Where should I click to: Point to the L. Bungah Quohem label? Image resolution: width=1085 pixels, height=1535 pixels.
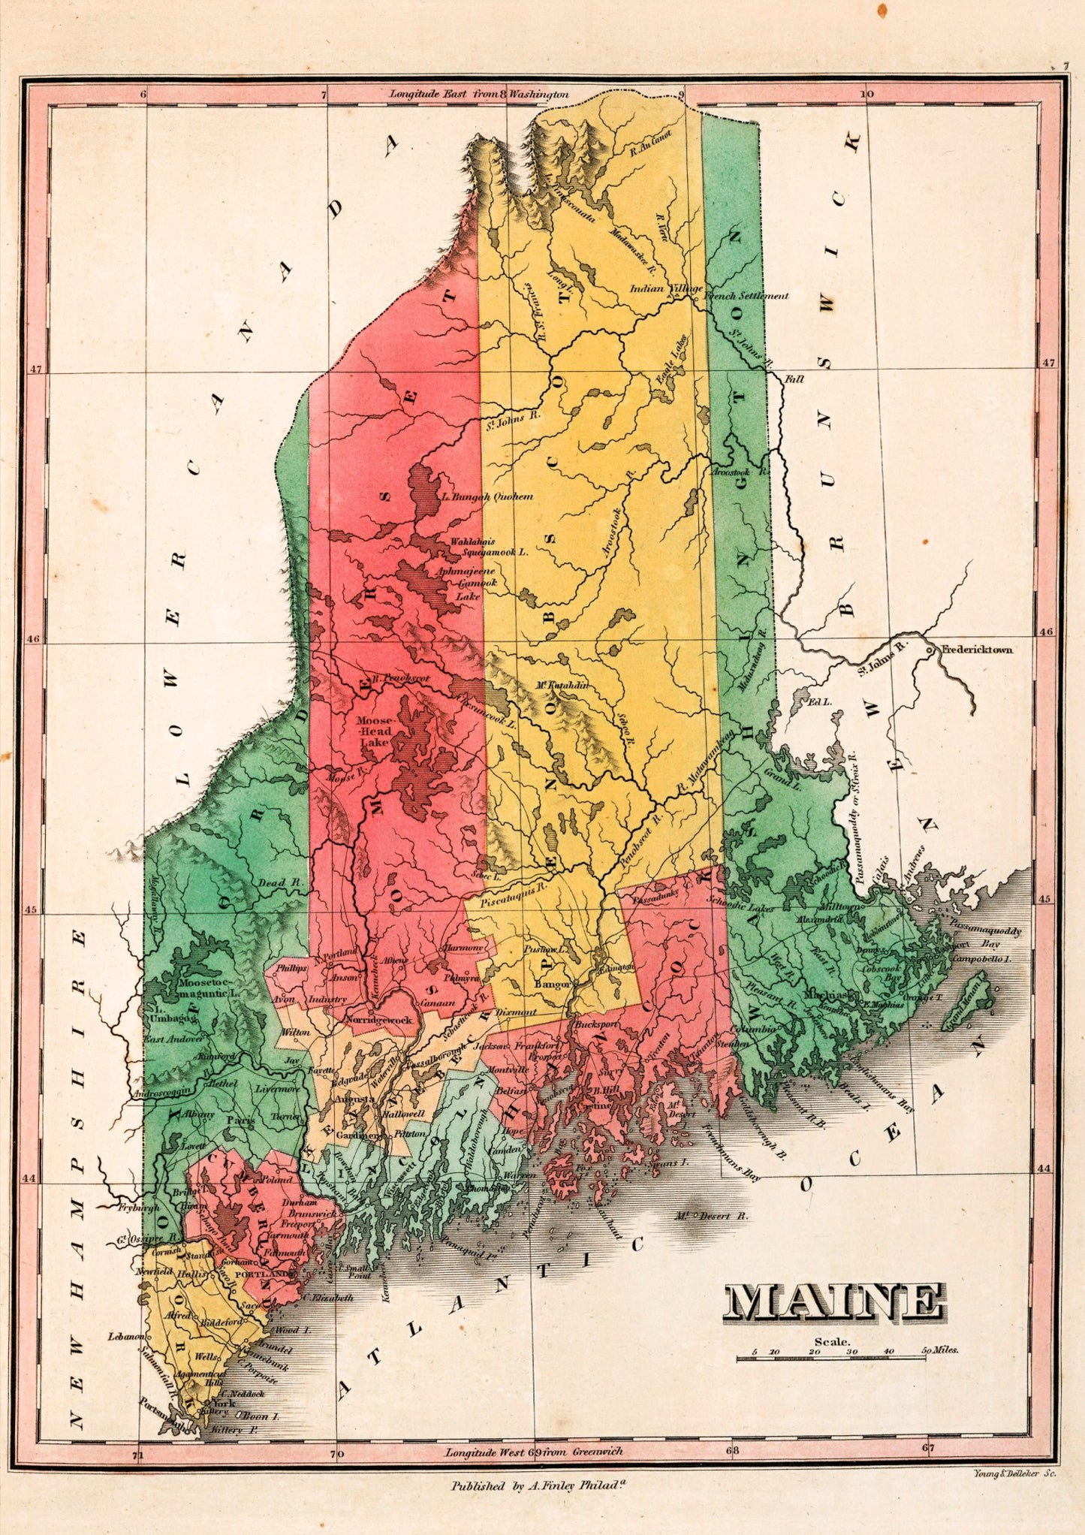tap(487, 496)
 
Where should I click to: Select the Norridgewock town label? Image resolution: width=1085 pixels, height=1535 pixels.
tap(378, 1021)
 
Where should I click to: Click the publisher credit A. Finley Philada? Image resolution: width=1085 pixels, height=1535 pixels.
tap(538, 1485)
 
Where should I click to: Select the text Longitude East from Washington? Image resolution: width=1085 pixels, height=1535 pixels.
tap(478, 95)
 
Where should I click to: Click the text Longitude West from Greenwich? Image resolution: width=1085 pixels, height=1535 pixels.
tap(534, 1452)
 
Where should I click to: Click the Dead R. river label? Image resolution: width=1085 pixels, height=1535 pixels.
tap(273, 883)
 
